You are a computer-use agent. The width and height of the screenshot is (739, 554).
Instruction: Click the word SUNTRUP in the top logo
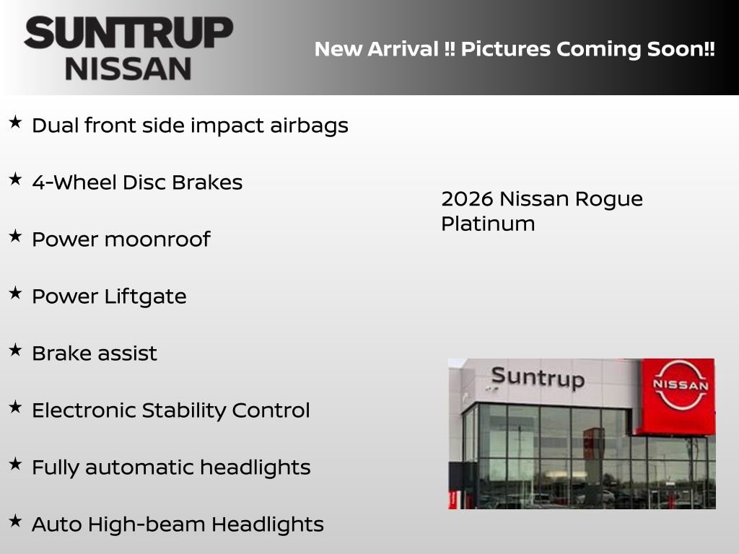pos(128,33)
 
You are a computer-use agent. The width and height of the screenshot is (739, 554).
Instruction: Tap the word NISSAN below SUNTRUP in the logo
pos(128,69)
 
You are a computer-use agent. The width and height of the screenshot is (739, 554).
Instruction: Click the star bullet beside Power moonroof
pos(15,236)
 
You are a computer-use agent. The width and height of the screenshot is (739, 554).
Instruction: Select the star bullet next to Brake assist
pos(15,350)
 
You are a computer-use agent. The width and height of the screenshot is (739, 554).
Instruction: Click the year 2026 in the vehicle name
pos(465,199)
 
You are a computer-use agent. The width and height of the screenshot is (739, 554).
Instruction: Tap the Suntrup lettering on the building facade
pos(537,377)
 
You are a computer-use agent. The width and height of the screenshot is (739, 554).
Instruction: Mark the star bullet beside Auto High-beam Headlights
pos(15,521)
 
